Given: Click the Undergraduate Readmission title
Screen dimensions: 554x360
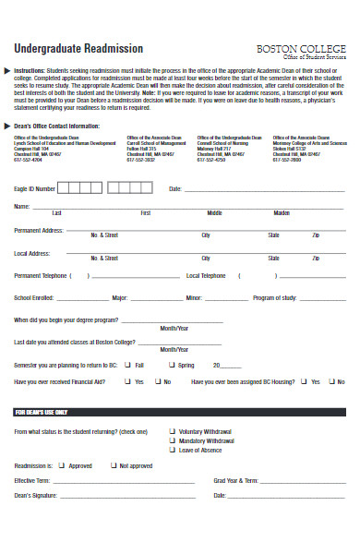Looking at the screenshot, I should pos(78,49).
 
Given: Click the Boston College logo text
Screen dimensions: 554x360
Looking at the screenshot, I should pos(300,47).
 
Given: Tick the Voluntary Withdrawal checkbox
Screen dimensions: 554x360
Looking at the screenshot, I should pos(172,430).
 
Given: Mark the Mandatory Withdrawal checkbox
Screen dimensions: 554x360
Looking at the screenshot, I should pos(172,440).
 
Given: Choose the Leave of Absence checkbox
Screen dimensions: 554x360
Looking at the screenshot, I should pos(172,449).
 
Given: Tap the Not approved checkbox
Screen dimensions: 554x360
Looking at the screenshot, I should pos(113,466).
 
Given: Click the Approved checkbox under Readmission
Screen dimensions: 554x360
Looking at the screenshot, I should pos(63,466).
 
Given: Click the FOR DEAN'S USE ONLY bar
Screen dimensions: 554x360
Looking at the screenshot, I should pos(180,411).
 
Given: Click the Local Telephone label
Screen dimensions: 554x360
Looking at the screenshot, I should pos(206,275).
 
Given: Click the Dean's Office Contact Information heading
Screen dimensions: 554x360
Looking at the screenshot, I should pos(55,126).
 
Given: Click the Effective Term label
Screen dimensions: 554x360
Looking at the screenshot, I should pos(32,481).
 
